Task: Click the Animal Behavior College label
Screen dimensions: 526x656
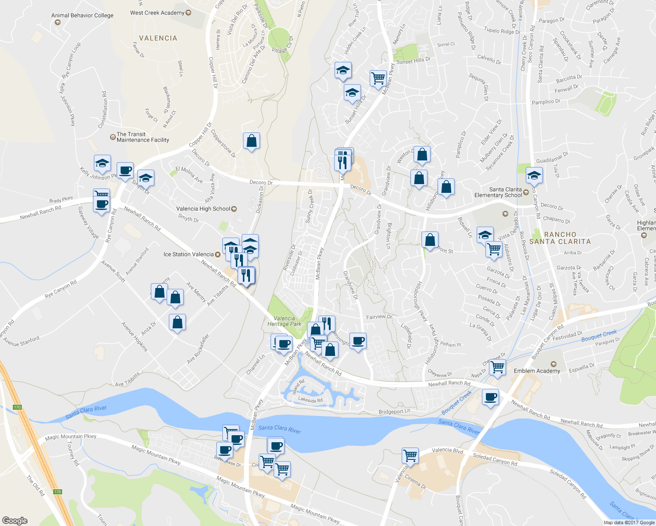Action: pyautogui.click(x=82, y=15)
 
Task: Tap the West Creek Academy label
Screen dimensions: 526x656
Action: pyautogui.click(x=157, y=13)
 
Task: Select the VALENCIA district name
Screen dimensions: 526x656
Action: pyautogui.click(x=158, y=38)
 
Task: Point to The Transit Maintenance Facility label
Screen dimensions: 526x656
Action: pyautogui.click(x=143, y=137)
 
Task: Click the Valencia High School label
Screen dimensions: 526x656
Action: pyautogui.click(x=203, y=209)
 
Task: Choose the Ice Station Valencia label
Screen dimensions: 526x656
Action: pyautogui.click(x=189, y=254)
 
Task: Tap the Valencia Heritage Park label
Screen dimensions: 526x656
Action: pyautogui.click(x=284, y=321)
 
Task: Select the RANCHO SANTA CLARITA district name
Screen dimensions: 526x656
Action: pyautogui.click(x=560, y=238)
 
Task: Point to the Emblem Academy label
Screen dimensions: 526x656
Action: pyautogui.click(x=537, y=371)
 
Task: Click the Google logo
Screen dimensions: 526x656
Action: pyautogui.click(x=14, y=520)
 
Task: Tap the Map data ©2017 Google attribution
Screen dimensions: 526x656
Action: pyautogui.click(x=629, y=522)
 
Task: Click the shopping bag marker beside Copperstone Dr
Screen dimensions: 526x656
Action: pyautogui.click(x=251, y=141)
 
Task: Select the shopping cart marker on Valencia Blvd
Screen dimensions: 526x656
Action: pyautogui.click(x=410, y=455)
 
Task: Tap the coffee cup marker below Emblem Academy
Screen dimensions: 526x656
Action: pyautogui.click(x=490, y=397)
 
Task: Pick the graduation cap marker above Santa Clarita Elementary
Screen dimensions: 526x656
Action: pyautogui.click(x=534, y=176)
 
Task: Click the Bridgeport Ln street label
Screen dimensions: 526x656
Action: pyautogui.click(x=394, y=412)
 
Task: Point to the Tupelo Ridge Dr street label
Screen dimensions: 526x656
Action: pyautogui.click(x=502, y=31)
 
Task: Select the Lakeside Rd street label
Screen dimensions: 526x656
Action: pyautogui.click(x=310, y=400)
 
